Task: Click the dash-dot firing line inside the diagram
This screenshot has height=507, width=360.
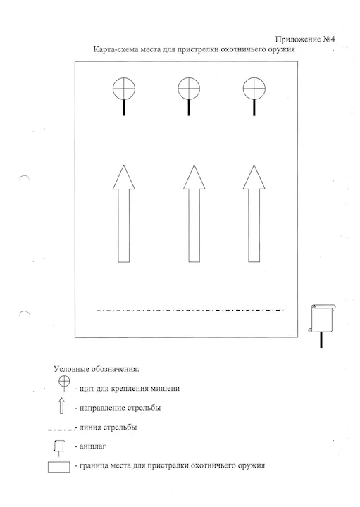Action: click(x=190, y=311)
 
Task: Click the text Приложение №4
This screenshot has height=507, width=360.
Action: click(x=305, y=39)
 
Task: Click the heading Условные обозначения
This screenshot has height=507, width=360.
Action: click(x=97, y=369)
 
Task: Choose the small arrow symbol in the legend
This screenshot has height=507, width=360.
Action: click(x=61, y=406)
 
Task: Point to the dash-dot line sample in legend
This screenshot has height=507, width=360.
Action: click(x=61, y=430)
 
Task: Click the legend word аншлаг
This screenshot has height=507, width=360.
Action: click(x=92, y=446)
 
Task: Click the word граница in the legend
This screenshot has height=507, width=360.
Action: click(x=94, y=466)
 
